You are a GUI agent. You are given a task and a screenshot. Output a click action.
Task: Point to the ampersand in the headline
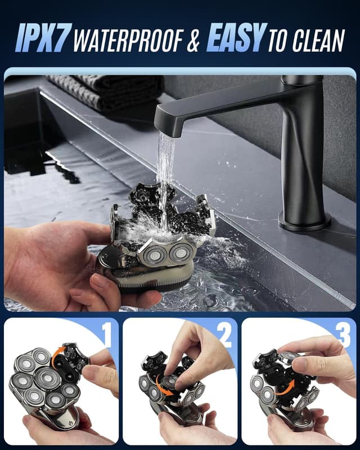pyautogui.click(x=193, y=40)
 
